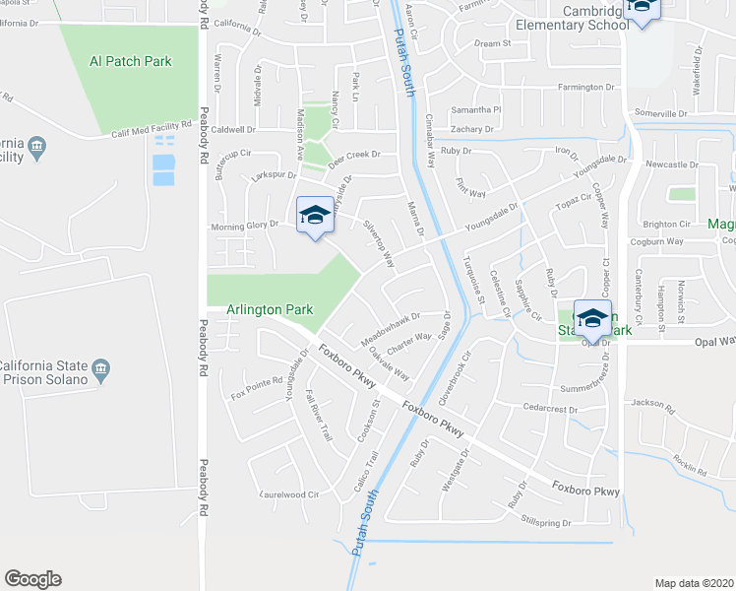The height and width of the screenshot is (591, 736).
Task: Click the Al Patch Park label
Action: point(130,61)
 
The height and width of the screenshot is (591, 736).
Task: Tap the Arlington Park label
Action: point(270,309)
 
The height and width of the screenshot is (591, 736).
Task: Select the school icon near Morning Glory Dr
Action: point(314,216)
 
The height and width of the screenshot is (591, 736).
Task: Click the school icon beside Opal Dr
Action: point(592,318)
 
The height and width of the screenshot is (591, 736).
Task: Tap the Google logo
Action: point(32,579)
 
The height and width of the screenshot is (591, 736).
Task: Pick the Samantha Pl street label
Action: point(476,110)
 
